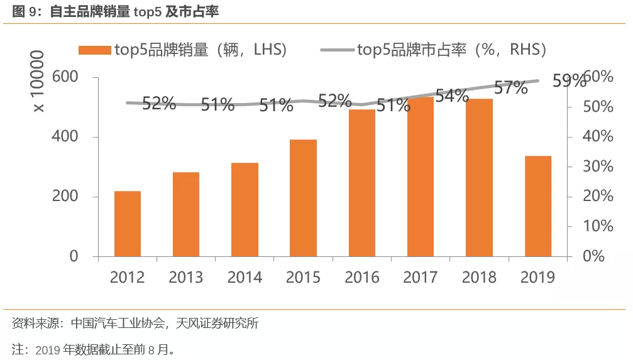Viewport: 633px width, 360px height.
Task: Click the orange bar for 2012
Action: pyautogui.click(x=128, y=224)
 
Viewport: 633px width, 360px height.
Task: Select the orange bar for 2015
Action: pyautogui.click(x=303, y=198)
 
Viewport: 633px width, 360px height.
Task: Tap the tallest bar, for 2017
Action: pyautogui.click(x=421, y=177)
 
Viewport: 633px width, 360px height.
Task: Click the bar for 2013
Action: pyautogui.click(x=186, y=214)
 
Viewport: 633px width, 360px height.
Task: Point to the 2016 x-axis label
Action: pyautogui.click(x=361, y=277)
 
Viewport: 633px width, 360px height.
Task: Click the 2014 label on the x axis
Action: pyautogui.click(x=245, y=277)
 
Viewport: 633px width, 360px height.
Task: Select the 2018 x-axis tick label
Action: pyautogui.click(x=479, y=277)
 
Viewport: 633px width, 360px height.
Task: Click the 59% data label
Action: pyautogui.click(x=568, y=81)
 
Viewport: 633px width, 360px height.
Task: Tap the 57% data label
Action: pyautogui.click(x=510, y=88)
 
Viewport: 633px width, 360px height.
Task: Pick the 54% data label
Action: pyautogui.click(x=452, y=96)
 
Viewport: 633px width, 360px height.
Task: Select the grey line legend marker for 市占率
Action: pyautogui.click(x=337, y=50)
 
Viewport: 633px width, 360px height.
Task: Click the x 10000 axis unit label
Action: pyautogui.click(x=38, y=82)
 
